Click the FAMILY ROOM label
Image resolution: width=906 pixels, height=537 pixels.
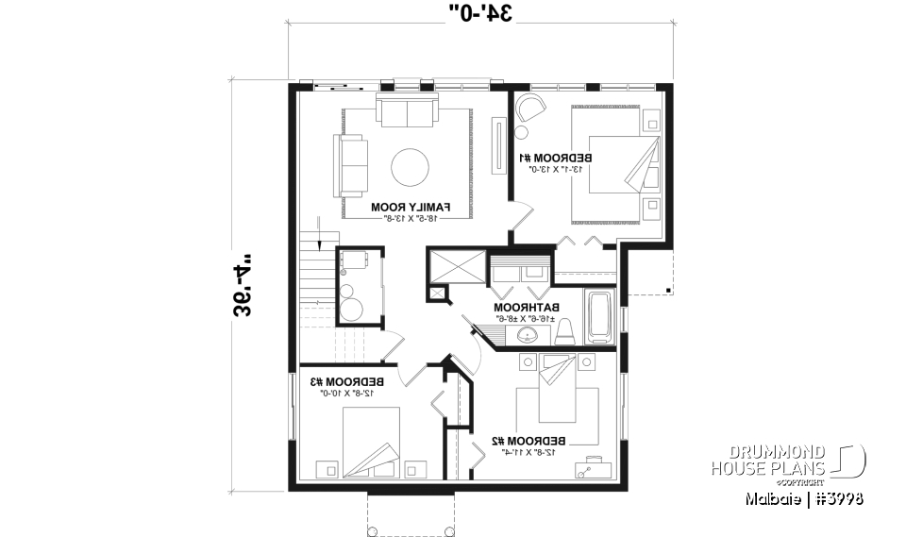point(411,206)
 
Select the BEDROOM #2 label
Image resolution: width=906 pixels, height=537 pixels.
point(529,441)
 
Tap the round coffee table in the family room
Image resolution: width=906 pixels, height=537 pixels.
point(411,167)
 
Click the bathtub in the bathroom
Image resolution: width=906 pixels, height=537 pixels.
point(599,318)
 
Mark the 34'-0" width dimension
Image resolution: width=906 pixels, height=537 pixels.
point(481,13)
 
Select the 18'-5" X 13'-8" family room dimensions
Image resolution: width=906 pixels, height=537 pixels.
point(411,217)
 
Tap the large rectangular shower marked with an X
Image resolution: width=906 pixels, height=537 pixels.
point(457,265)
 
